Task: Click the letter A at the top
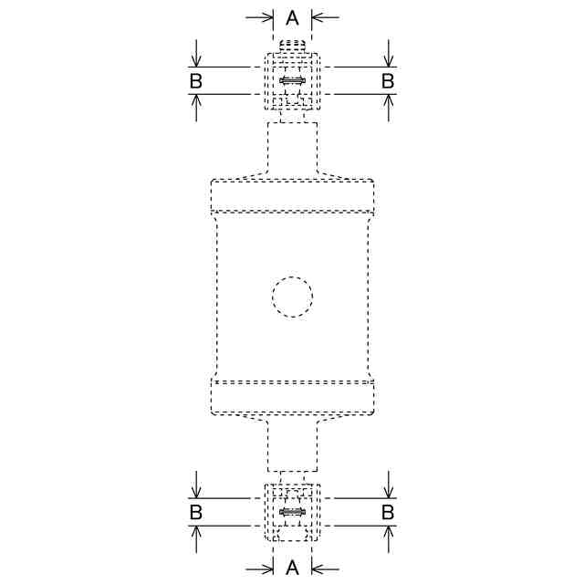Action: point(292,17)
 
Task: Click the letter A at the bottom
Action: point(292,568)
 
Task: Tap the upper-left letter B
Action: point(196,81)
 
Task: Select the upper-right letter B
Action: point(388,81)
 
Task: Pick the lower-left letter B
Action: point(196,512)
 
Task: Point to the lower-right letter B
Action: point(388,512)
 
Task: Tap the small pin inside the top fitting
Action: point(293,81)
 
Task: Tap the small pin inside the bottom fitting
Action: point(293,513)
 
